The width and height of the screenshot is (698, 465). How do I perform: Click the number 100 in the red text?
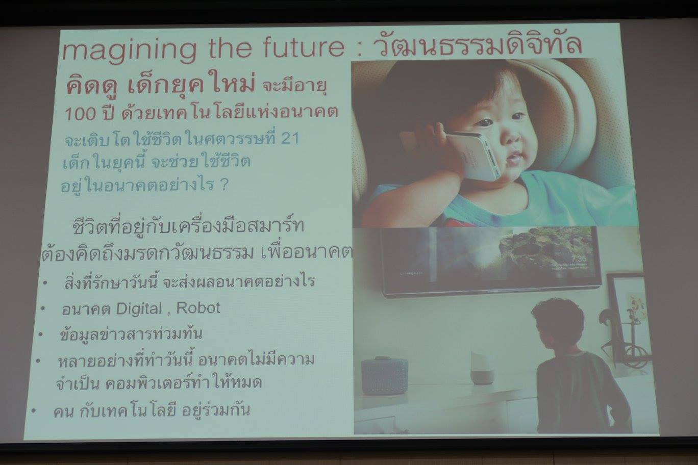coord(80,114)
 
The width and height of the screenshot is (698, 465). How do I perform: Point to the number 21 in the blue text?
coord(290,138)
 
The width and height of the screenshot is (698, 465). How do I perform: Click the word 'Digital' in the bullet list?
coord(139,309)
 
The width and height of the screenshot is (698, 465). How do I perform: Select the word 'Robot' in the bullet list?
coord(198,308)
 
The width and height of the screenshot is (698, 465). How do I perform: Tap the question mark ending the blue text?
coord(223,185)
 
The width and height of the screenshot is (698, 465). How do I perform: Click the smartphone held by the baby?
coord(473,156)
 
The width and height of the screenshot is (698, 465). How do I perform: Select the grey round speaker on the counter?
coord(385,376)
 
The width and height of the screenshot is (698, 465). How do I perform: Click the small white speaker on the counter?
coord(481,368)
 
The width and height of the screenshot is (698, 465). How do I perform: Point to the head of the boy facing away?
coord(557,324)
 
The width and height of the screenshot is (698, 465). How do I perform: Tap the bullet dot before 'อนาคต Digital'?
coord(43,309)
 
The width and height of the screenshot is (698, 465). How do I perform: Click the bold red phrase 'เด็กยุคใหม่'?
coord(191,83)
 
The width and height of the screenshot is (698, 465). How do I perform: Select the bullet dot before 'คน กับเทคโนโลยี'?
coord(33,411)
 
